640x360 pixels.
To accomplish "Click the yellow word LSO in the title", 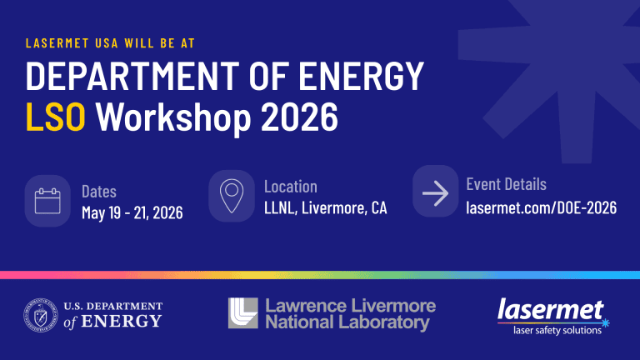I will [55, 117].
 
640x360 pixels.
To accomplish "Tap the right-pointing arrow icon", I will [436, 194].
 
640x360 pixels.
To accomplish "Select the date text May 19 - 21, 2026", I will [132, 213].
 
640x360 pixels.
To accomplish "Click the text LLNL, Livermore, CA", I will [325, 208].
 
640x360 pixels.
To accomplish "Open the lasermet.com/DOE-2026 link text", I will [541, 207].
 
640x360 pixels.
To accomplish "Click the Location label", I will [290, 187].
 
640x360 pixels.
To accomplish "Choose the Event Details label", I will [506, 184].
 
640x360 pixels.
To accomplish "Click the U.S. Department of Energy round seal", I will [40, 314].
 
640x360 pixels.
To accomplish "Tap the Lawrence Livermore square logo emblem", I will [242, 313].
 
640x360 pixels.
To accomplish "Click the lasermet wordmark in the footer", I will [550, 311].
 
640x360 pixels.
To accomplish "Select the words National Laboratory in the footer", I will [347, 322].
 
